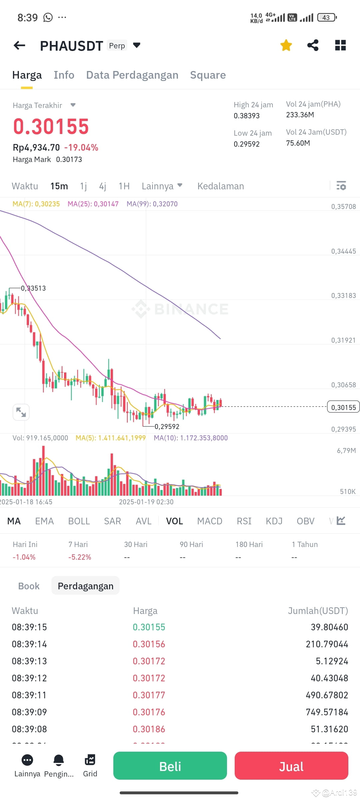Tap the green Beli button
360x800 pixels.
tap(170, 766)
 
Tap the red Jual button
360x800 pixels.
tap(291, 766)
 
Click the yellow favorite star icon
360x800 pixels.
tap(286, 45)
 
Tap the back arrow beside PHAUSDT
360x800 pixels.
tap(19, 45)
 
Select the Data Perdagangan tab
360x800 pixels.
tap(132, 75)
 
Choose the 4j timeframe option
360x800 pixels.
tap(103, 186)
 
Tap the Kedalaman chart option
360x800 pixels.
tap(220, 186)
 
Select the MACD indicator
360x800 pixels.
tap(209, 521)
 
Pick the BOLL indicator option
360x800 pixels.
tap(79, 521)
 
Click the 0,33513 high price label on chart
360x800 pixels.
tap(33, 288)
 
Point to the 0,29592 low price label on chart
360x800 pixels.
tap(167, 427)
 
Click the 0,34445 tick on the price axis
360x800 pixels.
tap(343, 251)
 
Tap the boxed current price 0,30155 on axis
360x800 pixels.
tap(343, 407)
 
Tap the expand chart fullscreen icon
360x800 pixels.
tap(21, 412)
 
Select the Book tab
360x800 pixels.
tap(29, 586)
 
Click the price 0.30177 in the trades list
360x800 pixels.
tap(149, 695)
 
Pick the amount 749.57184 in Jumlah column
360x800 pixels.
tap(327, 712)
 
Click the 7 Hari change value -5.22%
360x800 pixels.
tap(80, 557)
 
